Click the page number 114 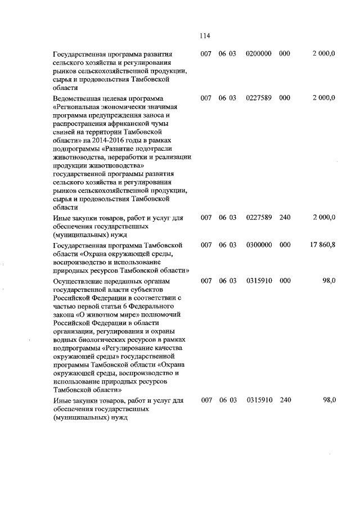click(x=204, y=36)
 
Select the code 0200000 click(x=259, y=53)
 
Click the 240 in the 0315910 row click(x=285, y=400)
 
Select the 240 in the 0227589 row click(x=285, y=217)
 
